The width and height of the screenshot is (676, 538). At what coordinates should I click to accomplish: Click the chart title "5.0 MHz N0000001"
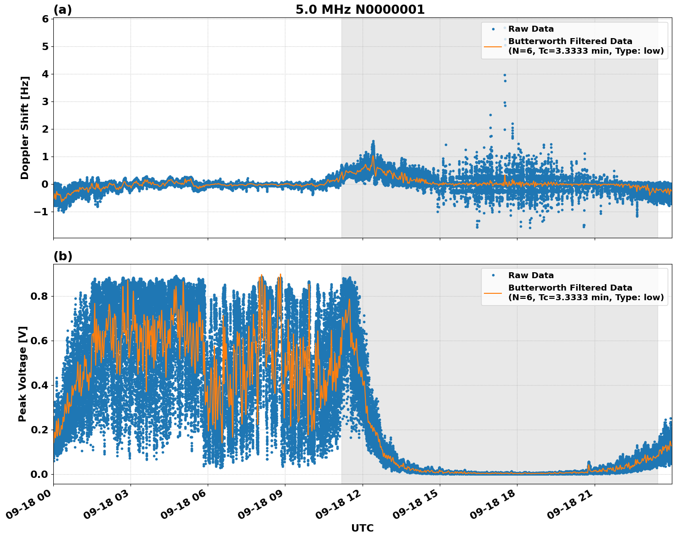(x=360, y=10)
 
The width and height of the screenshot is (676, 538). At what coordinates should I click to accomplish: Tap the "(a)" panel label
(x=62, y=10)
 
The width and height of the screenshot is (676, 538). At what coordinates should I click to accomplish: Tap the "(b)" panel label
(x=62, y=256)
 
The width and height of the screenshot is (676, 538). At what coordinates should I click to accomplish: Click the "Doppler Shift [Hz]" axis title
(x=25, y=128)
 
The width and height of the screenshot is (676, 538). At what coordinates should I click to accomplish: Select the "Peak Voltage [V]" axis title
(x=23, y=374)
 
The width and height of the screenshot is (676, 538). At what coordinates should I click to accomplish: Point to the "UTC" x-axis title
(x=362, y=528)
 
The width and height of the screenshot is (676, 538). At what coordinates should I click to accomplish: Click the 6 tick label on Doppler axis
(x=45, y=19)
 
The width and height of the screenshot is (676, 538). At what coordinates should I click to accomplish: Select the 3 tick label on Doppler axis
(x=45, y=101)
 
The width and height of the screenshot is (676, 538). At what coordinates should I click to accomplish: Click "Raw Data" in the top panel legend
(x=531, y=29)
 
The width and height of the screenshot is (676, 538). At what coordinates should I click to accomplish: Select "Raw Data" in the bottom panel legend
(x=531, y=275)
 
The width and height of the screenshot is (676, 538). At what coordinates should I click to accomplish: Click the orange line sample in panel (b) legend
(x=493, y=292)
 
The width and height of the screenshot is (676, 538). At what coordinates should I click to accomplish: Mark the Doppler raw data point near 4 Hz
(x=504, y=75)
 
